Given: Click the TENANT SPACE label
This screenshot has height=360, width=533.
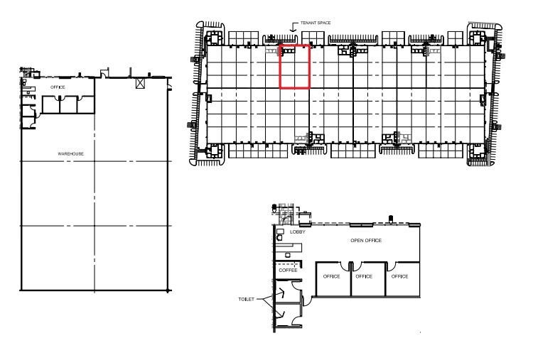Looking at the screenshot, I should pyautogui.click(x=316, y=23).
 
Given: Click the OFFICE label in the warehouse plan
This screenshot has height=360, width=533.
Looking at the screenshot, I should pyautogui.click(x=58, y=87).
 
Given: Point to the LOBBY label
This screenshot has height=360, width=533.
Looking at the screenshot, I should pyautogui.click(x=297, y=231).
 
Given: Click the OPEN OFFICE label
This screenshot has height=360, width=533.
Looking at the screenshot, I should pyautogui.click(x=366, y=241).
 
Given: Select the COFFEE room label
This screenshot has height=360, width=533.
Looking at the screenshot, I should pyautogui.click(x=288, y=270).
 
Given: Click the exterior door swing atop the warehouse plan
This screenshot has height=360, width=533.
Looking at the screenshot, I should pyautogui.click(x=104, y=72).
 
